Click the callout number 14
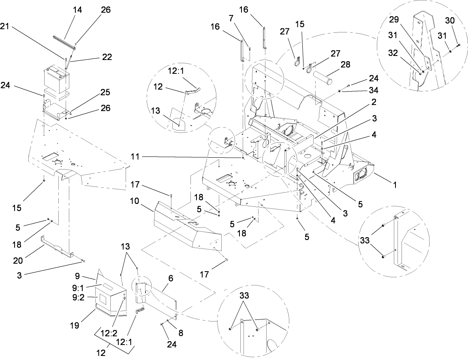tap(77, 10)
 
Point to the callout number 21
tap(5, 27)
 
